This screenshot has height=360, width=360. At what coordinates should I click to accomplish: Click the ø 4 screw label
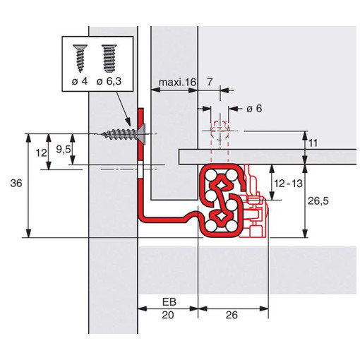coord(80,81)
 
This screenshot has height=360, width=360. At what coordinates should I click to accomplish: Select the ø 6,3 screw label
coord(109,81)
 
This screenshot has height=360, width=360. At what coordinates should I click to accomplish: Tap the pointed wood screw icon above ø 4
coord(80,58)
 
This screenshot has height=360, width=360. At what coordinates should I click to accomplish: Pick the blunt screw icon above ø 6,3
coord(109,58)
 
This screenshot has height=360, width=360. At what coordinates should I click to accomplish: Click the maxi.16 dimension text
coord(177,83)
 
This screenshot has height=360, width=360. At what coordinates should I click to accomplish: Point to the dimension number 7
coord(210,82)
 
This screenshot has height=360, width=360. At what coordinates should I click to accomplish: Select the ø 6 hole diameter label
coord(254,109)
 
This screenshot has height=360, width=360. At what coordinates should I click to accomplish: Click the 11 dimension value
coord(313,143)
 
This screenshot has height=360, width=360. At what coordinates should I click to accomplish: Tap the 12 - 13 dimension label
coord(288,184)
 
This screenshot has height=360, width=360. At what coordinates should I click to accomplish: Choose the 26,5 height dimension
coord(318,201)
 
